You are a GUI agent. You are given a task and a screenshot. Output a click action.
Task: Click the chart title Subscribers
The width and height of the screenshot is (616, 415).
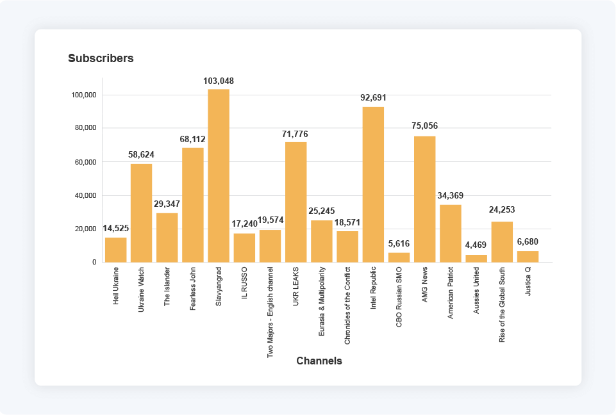coord(101,58)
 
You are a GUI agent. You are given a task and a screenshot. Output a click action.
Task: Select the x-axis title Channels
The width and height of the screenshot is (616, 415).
coord(319,361)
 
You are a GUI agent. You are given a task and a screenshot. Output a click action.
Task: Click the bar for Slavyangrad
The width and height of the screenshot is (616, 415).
coord(219,175)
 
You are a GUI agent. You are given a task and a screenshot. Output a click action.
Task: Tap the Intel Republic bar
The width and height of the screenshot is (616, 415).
coord(373,184)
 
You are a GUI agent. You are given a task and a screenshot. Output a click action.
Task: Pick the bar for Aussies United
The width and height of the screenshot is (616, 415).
coord(476,259)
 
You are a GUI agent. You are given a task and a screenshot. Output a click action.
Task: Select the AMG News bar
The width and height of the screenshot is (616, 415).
coord(424,199)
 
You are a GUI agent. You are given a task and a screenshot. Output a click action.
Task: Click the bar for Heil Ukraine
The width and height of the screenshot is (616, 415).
coord(115,250)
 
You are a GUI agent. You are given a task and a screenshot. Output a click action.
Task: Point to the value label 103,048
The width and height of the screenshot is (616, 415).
coord(219,81)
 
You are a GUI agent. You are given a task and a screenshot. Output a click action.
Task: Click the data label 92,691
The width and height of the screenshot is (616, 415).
coord(373,98)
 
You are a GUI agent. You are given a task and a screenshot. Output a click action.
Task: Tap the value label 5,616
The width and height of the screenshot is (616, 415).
coord(399,244)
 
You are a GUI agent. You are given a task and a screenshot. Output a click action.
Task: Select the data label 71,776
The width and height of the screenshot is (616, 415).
coord(296,134)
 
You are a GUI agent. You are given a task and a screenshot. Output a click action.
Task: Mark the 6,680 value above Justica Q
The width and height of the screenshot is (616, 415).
coord(528,242)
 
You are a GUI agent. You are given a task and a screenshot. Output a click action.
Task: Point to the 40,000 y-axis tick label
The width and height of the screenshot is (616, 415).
coord(84,195)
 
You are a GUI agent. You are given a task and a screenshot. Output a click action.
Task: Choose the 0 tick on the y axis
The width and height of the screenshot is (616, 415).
coord(94,262)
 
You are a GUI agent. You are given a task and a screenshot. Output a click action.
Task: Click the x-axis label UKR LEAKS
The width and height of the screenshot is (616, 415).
coord(296,286)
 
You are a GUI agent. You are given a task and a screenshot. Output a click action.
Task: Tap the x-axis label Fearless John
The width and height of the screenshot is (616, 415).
coord(193,289)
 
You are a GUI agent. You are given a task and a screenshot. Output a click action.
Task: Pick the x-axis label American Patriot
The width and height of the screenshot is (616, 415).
coord(451,293)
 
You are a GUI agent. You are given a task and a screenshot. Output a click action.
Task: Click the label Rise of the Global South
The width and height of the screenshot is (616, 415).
coord(502,304)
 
